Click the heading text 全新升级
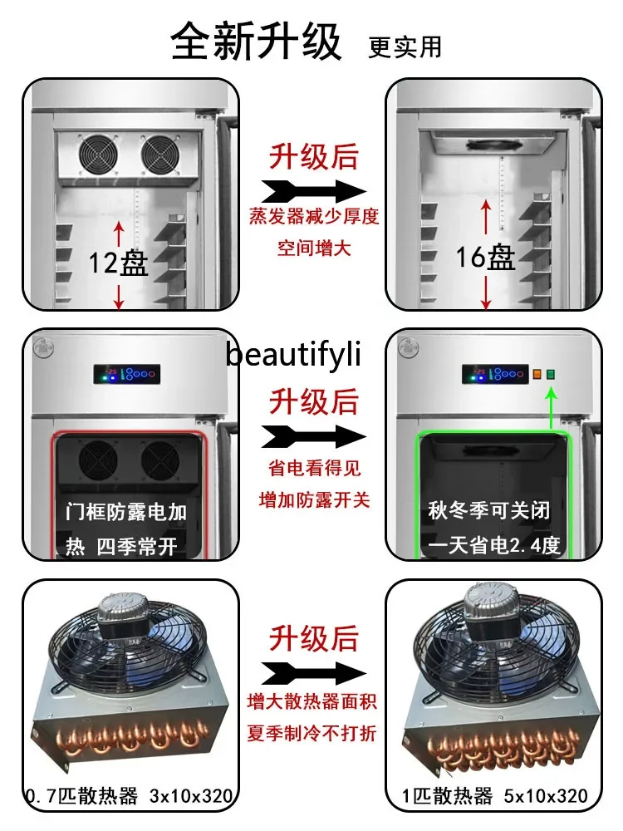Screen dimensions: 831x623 pos(256,41)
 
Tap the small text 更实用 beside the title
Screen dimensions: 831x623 pos(405,46)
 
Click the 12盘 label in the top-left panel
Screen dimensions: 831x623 pos(119,263)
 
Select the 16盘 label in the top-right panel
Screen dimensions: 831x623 pos(486,258)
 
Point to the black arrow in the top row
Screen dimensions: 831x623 pos(313,189)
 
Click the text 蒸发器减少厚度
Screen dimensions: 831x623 pos(314,218)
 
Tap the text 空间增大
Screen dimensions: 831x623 pos(314,248)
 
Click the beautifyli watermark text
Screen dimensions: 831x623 pos(295,356)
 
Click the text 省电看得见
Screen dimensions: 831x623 pos(314,469)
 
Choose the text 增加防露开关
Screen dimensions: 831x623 pos(314,499)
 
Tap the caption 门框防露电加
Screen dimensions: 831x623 pos(126,512)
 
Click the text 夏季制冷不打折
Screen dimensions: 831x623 pos(314,734)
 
